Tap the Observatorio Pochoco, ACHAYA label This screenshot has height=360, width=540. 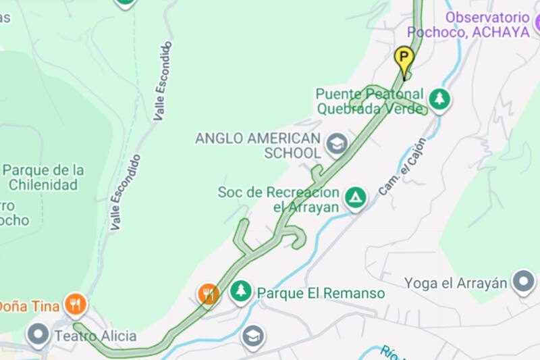coord(487,24)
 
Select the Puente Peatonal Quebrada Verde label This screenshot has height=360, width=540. coord(369,101)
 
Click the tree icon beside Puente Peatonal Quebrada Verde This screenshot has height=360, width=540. coord(440,99)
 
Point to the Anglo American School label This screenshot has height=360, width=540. coord(257,145)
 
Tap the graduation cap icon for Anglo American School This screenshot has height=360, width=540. coord(335,144)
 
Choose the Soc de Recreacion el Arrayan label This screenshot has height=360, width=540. coord(277,200)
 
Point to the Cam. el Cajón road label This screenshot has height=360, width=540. coord(402,167)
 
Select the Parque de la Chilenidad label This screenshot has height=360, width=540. coord(43,177)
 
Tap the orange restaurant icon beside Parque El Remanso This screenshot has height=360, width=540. coord(209,294)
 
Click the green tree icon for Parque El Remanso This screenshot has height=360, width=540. coord(240,292)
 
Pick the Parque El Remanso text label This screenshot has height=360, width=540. coord(321,293)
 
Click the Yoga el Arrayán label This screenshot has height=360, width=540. coord(455,282)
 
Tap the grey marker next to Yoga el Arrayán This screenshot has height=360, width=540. coord(523,282)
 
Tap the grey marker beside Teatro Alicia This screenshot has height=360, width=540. coord(38,334)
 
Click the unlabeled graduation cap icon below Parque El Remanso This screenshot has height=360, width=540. coord(253,336)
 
